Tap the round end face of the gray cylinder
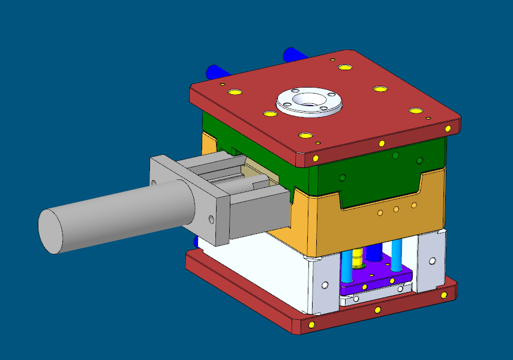point(51,232)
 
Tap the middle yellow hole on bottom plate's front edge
point(377,310)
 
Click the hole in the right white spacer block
point(433,262)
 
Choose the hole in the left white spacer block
point(325,285)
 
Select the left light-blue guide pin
point(347,267)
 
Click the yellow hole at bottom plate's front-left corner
point(311,325)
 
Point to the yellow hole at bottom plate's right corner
point(444,295)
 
